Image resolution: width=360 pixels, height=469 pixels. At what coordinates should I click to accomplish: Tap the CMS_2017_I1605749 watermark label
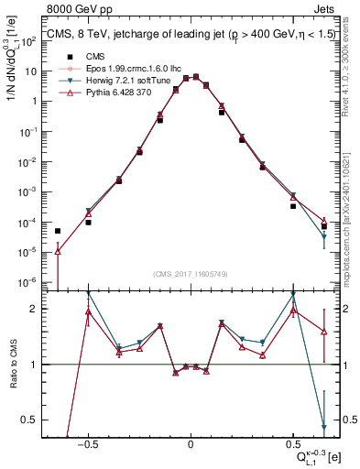[191, 274]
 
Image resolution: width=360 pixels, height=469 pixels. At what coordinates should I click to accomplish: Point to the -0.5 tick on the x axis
[87, 442]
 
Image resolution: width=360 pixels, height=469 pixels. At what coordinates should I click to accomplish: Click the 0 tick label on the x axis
[191, 442]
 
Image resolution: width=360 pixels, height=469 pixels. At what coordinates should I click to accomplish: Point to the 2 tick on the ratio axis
[38, 309]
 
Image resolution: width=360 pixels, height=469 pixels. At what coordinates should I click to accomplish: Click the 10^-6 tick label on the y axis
[33, 281]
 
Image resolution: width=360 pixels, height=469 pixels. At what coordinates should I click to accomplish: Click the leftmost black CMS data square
[58, 231]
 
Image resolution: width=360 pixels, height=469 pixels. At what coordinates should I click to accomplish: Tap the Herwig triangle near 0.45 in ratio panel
[324, 426]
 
